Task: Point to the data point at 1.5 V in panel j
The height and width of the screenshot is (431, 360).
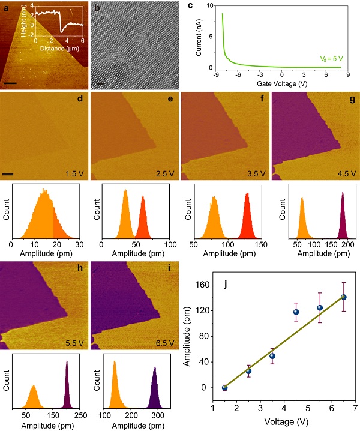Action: coord(224,388)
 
